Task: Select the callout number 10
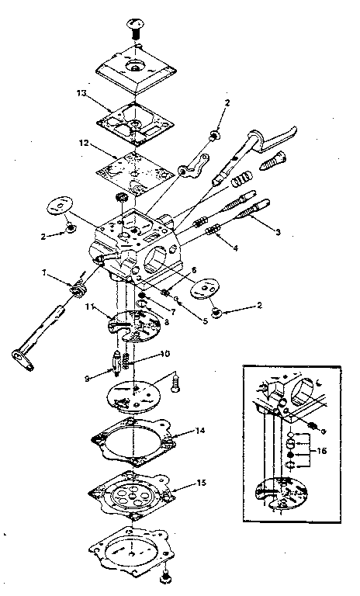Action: [x=164, y=354]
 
